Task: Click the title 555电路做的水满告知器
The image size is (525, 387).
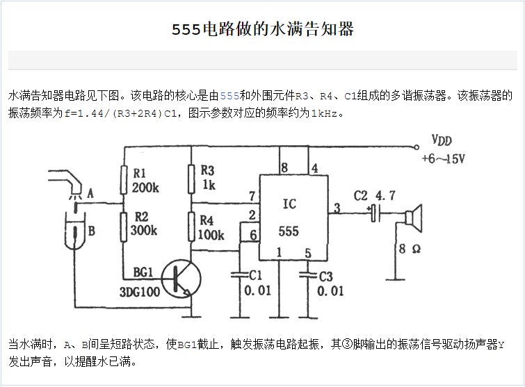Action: [x=263, y=30]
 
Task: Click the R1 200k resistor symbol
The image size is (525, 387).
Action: [x=122, y=180]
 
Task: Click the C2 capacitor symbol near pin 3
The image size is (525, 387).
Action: [x=375, y=213]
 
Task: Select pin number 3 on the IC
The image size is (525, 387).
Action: [x=337, y=207]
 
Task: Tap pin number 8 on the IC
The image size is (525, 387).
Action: [x=284, y=168]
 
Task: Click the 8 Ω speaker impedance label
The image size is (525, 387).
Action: [x=410, y=249]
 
